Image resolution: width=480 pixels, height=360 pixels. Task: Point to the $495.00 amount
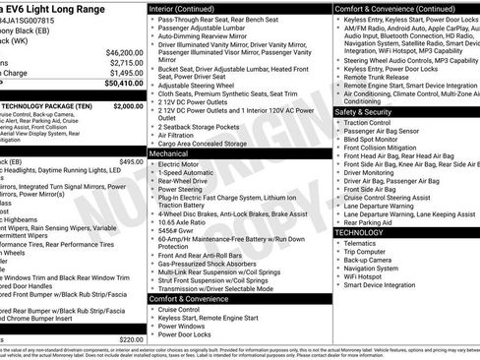(x=131, y=161)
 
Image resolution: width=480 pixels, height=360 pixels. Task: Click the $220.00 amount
(x=131, y=337)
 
